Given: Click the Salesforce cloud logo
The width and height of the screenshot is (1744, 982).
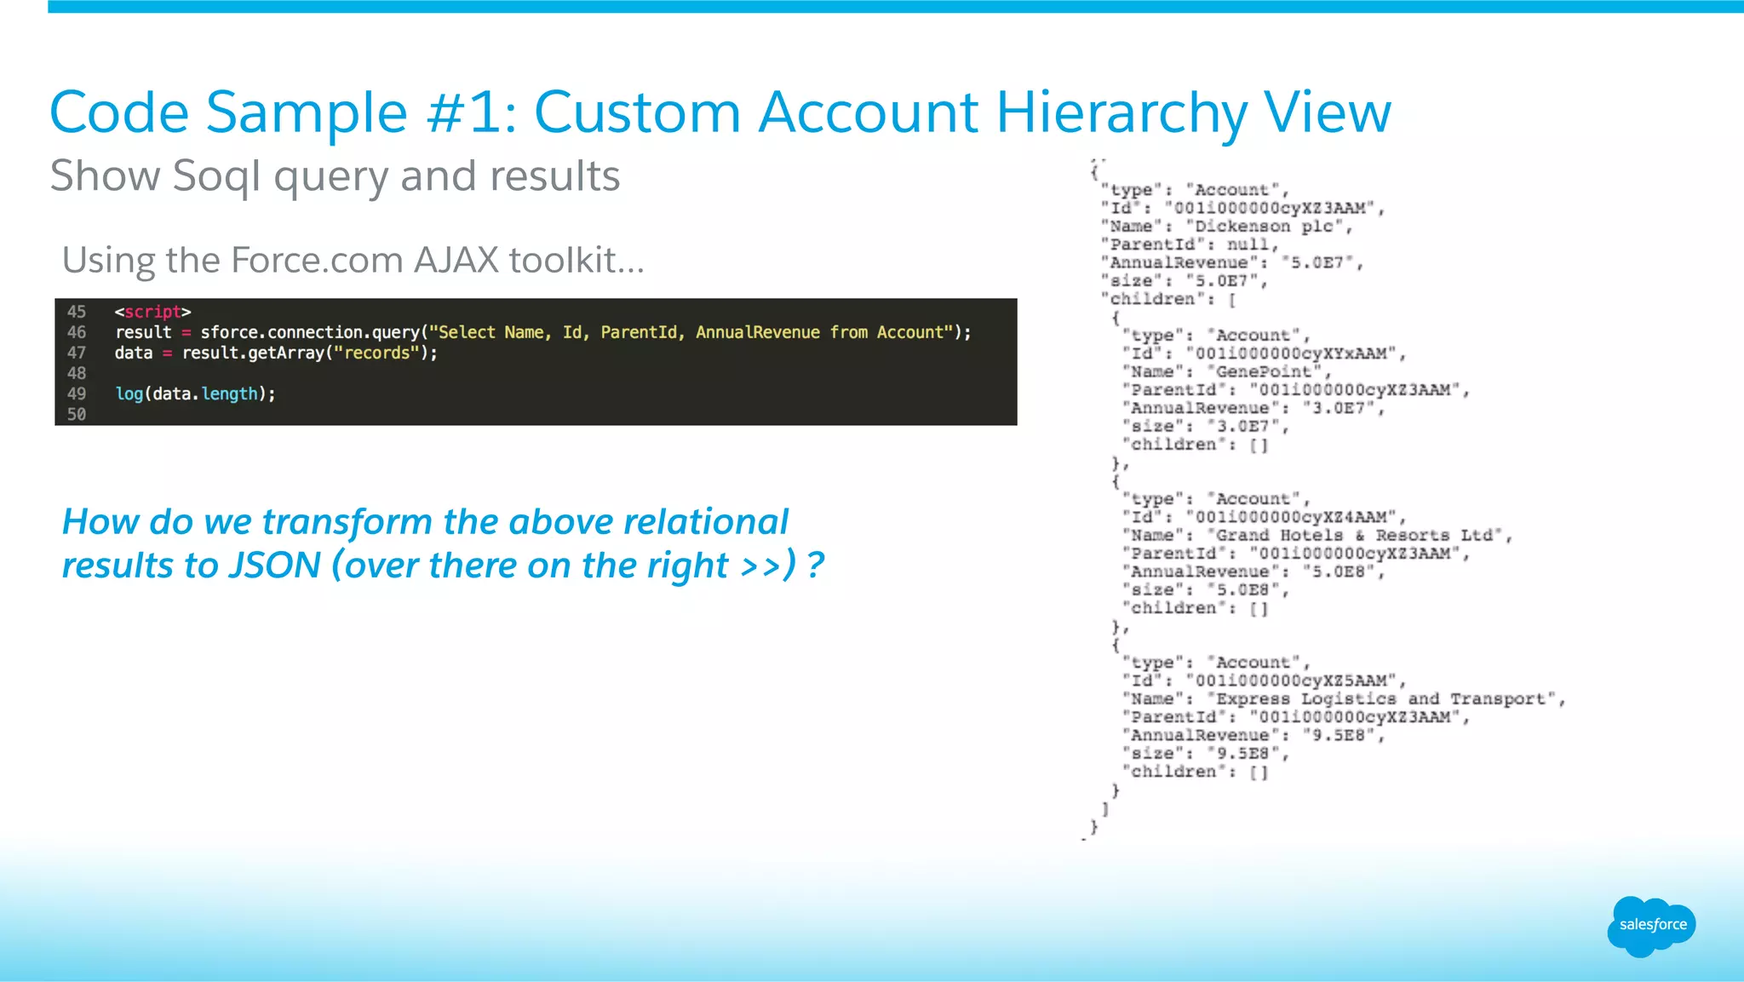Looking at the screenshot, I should click(x=1651, y=926).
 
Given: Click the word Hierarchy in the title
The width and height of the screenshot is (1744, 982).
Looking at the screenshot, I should click(x=1121, y=113).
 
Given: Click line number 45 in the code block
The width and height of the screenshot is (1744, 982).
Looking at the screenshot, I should click(x=77, y=312).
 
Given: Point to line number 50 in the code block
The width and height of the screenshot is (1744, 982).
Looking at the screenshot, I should click(x=77, y=415).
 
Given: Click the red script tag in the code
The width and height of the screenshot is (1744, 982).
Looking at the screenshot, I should click(x=152, y=312).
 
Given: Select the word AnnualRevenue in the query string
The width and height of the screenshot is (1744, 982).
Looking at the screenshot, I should click(x=757, y=332).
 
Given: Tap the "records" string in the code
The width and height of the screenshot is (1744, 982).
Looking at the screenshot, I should click(x=376, y=353).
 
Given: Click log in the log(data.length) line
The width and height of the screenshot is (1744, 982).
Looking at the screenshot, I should click(x=129, y=393).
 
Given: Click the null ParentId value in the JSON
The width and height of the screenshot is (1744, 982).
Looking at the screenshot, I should click(x=1248, y=244).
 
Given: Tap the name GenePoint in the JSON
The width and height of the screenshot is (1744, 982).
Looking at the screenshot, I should click(x=1267, y=372).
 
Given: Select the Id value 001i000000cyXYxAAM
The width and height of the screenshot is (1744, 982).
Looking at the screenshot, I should click(x=1295, y=353).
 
